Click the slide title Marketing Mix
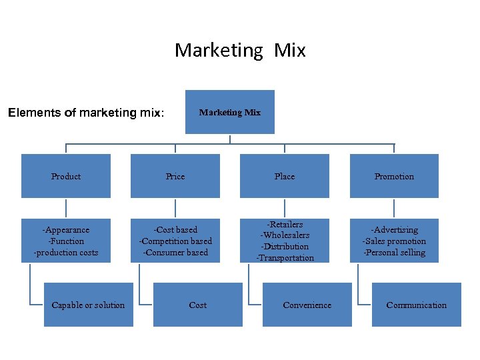(240, 50)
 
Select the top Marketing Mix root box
(230, 112)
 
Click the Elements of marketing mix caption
(85, 113)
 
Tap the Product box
(66, 176)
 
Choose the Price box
(175, 176)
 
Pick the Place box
(285, 176)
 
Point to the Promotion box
(394, 176)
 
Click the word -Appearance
(66, 230)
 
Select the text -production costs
(66, 253)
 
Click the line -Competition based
(175, 241)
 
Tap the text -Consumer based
(175, 253)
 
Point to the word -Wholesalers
(285, 235)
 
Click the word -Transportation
(285, 258)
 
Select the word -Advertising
(394, 230)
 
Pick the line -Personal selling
(394, 253)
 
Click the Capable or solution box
(88, 305)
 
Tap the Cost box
(198, 305)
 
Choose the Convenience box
(307, 305)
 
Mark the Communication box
(417, 305)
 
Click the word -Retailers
(285, 224)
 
